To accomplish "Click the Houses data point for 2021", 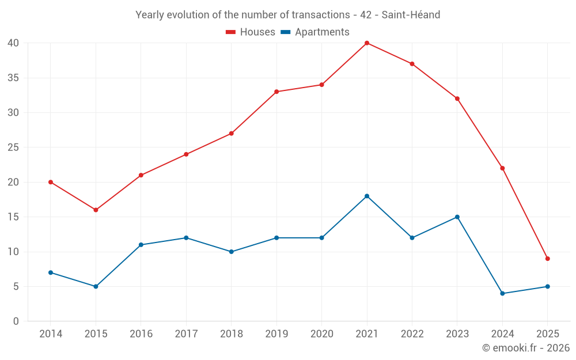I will [x=367, y=43].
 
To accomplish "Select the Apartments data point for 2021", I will [x=367, y=196].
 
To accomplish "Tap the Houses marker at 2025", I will [x=547, y=259].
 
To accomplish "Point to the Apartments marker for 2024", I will [x=502, y=294].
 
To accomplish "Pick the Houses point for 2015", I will [x=96, y=210].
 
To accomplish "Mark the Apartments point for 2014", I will [x=51, y=272].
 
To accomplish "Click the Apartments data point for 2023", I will [x=457, y=217].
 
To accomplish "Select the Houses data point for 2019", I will [x=276, y=92].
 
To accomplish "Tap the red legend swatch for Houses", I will [x=231, y=32].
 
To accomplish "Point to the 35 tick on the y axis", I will [x=13, y=78].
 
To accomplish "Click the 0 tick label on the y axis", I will [x=16, y=321].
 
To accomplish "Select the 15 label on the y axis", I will [x=13, y=217].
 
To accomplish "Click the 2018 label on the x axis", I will [x=231, y=334].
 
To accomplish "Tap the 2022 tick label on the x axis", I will [x=412, y=334].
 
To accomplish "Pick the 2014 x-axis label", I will [x=51, y=334].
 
